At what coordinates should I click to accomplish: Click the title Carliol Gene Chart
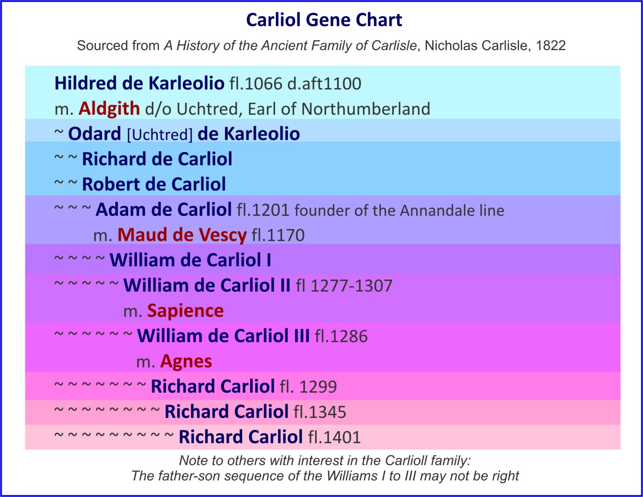pos(324,20)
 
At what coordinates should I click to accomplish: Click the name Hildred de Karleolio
pos(139,83)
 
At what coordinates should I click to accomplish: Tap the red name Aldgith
pos(109,109)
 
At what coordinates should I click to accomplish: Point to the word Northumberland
pos(365,109)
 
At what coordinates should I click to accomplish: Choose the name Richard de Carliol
pos(157,159)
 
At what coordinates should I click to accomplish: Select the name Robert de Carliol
pos(154,184)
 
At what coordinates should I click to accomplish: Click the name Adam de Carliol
pos(163,210)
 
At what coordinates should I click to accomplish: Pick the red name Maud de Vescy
pos(182,235)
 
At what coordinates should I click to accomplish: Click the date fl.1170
pos(278,235)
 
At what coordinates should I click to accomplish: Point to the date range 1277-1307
pos(351,286)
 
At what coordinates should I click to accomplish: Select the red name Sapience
pos(185,311)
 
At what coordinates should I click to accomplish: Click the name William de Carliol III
pos(223,336)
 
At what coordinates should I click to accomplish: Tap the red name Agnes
pos(186,361)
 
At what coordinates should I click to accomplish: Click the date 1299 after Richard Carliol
pos(318,387)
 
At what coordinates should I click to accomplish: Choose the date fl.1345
pos(320,412)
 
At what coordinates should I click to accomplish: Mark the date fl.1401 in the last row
pos(334,437)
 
